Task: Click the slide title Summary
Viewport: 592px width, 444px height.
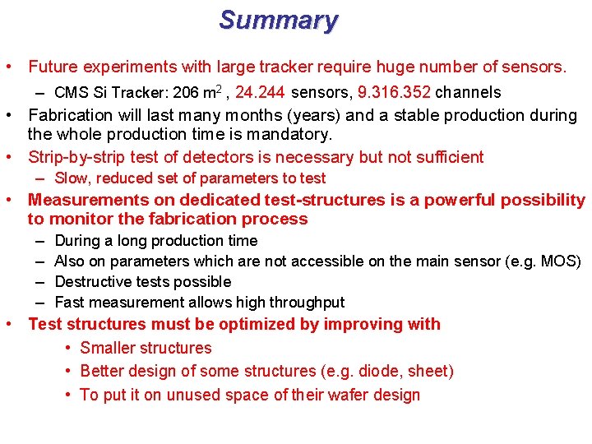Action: click(x=278, y=21)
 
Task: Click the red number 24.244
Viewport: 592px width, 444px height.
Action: click(x=260, y=92)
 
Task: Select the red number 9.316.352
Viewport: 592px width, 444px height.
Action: click(x=394, y=92)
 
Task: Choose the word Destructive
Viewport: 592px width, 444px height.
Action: click(x=92, y=282)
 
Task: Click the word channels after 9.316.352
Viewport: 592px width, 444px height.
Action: click(x=468, y=92)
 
